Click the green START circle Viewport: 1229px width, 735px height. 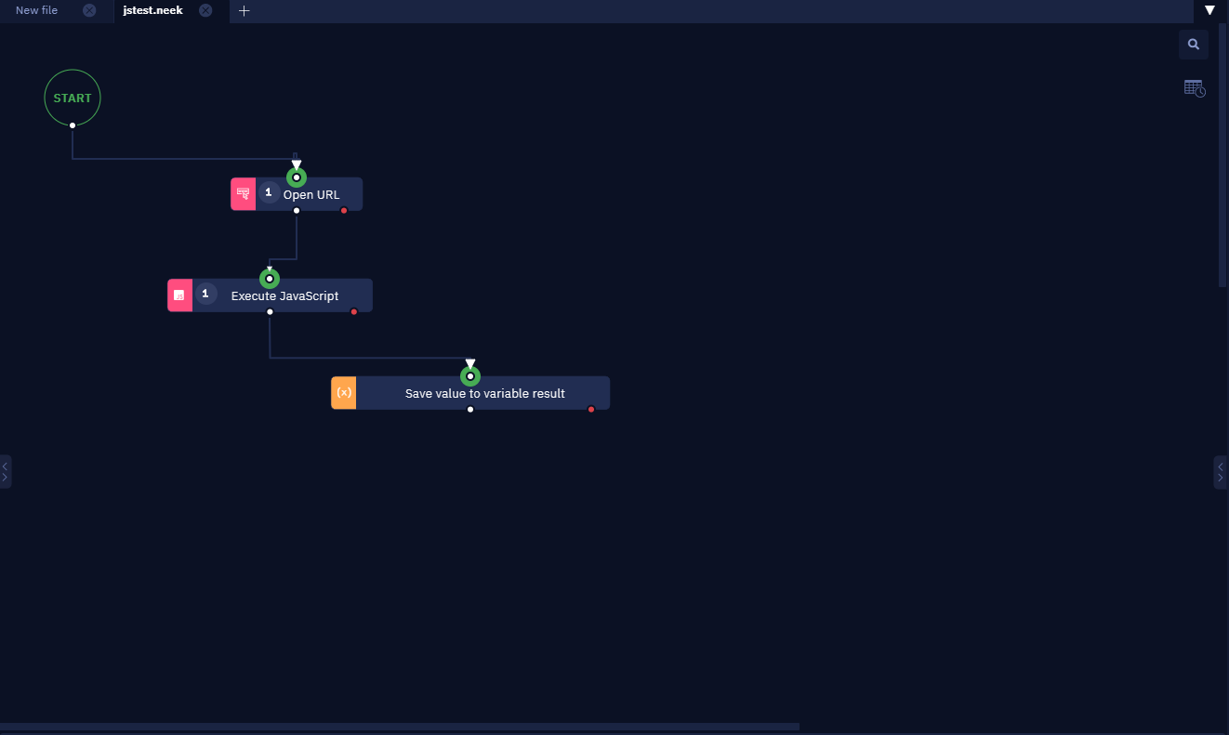73,71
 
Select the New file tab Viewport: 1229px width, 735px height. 37,10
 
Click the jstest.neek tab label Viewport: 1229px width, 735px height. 152,10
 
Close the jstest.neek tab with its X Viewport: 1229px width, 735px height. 205,10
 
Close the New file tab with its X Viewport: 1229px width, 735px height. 89,10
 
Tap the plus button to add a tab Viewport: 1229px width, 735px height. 244,10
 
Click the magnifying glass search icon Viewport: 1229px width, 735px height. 1194,45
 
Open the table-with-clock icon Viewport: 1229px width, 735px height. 1195,88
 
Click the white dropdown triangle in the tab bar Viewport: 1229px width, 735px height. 1209,10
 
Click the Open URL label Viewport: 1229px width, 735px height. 311,195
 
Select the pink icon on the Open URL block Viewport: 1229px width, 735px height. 243,193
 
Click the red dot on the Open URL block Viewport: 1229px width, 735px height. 344,211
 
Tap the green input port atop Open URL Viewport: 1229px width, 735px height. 297,177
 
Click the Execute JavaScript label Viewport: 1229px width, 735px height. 284,296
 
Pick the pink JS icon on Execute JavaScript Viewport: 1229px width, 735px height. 180,295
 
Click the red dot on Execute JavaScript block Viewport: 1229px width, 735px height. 354,312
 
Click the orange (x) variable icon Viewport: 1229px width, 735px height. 343,393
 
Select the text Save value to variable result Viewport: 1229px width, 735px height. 485,394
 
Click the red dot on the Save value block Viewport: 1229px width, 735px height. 591,410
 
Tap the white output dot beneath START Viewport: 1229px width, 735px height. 73,125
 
